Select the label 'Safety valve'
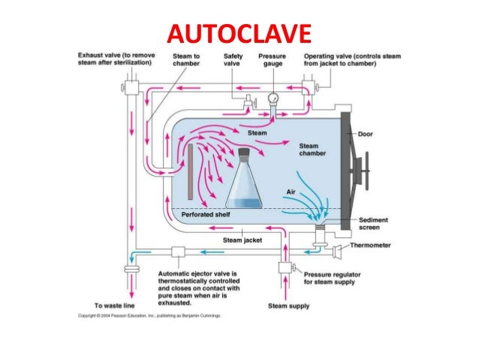point(233,60)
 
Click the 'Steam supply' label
point(289,306)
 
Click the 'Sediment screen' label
point(373,222)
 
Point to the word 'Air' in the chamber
point(290,191)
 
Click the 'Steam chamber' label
point(312,150)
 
